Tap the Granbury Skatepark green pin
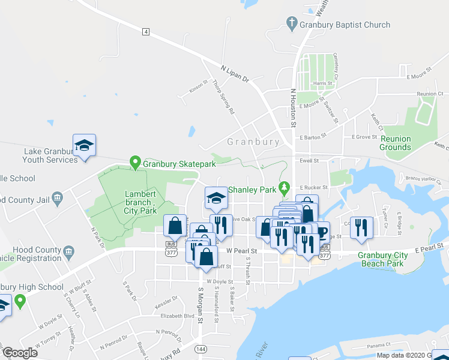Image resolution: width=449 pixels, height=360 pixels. (136, 163)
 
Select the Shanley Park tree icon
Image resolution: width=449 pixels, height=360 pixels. (285, 189)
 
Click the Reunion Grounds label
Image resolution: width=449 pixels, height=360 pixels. (396, 143)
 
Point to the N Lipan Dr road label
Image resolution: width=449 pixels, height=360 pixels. (235, 74)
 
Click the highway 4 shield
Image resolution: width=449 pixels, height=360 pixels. (146, 32)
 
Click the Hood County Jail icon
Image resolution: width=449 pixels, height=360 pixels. (58, 197)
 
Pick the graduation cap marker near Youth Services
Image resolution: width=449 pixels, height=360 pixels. (85, 145)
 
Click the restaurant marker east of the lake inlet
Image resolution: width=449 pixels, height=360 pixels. (361, 227)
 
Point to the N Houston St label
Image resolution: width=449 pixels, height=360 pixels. (294, 108)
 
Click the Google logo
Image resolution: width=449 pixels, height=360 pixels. (20, 352)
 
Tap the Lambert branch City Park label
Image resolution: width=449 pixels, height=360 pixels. (140, 202)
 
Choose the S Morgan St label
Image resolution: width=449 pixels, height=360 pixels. (201, 306)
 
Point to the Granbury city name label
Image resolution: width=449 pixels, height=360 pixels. (253, 142)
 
